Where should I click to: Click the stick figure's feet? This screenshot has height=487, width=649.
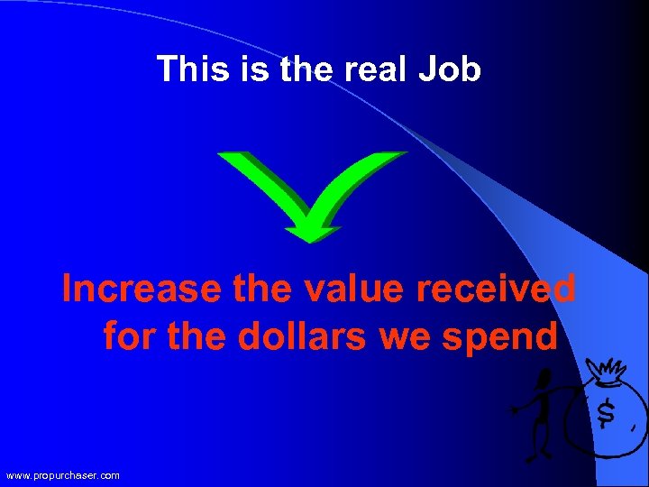click(539, 454)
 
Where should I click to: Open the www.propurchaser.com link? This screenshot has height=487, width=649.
click(62, 475)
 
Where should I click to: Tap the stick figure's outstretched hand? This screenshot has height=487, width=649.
click(515, 410)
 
